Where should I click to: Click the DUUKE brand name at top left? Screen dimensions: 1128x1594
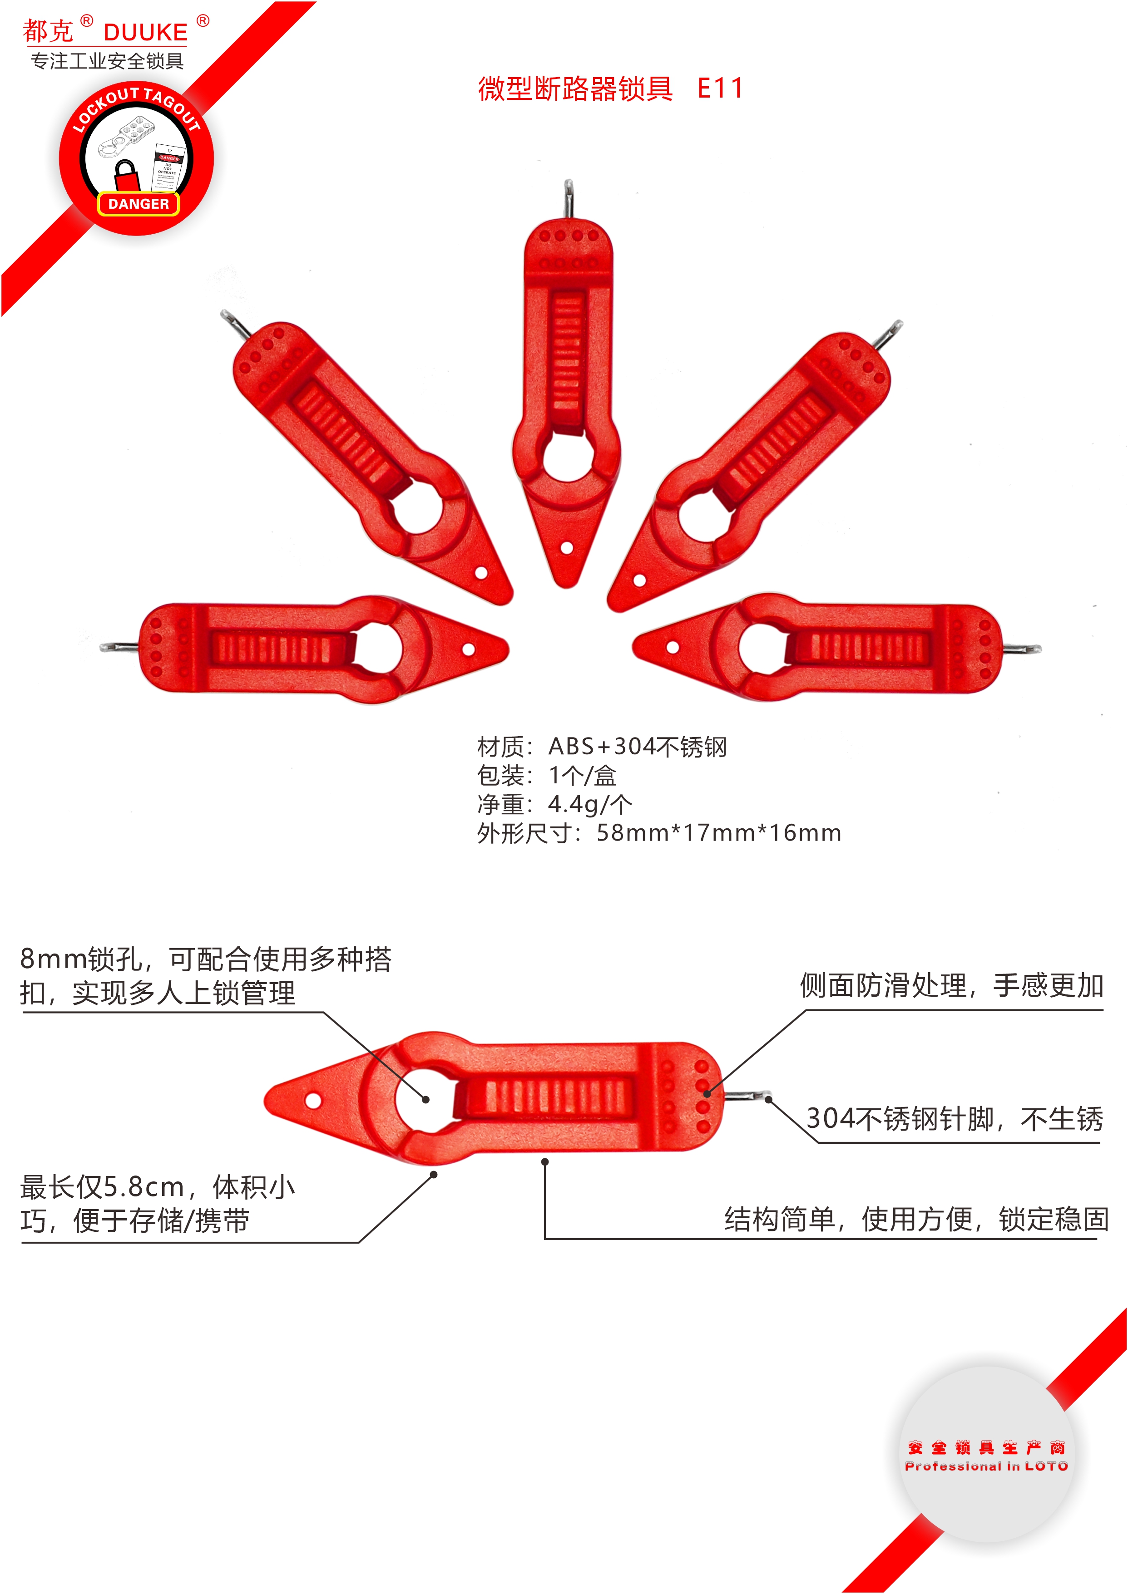[146, 32]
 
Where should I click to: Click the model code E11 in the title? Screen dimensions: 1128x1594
[720, 88]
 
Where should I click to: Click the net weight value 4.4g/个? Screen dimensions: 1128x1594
[590, 804]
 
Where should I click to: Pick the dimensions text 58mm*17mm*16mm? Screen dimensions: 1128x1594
[718, 832]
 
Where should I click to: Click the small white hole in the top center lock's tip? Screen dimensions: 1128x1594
[567, 548]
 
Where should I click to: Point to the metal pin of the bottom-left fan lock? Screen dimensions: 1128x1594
[119, 647]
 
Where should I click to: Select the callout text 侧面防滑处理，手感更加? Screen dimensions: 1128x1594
[951, 985]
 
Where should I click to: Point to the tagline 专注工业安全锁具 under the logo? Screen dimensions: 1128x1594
[107, 61]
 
